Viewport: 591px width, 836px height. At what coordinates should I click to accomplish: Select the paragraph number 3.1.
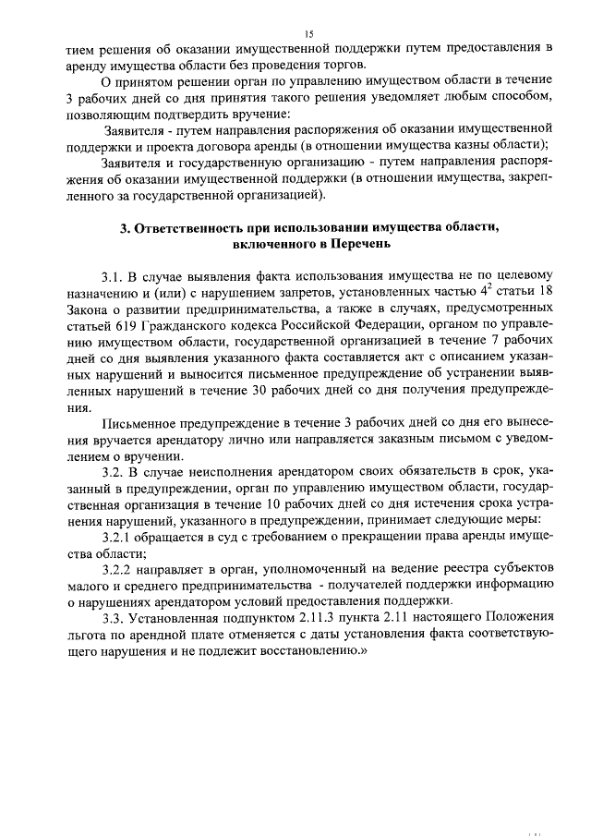pyautogui.click(x=114, y=274)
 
